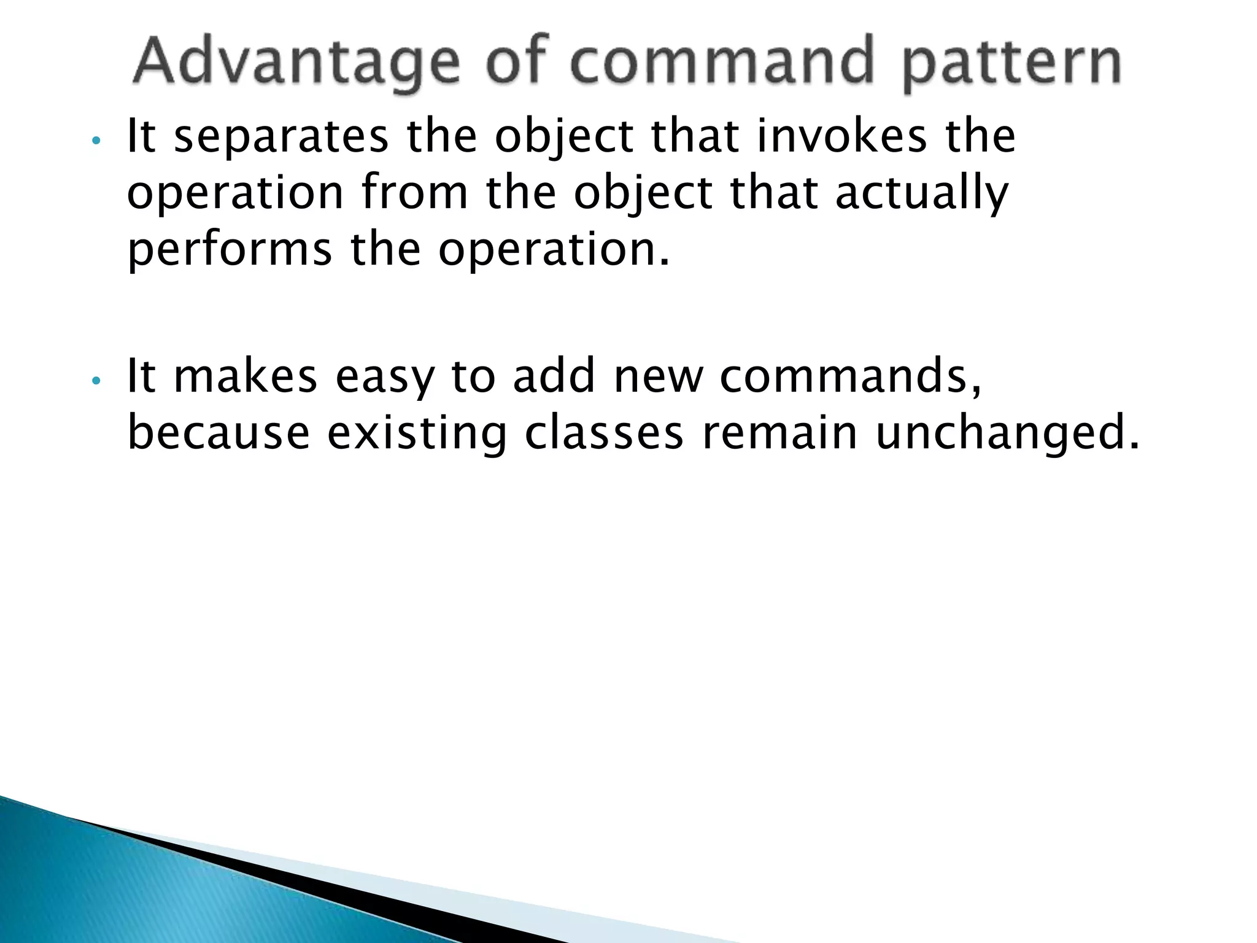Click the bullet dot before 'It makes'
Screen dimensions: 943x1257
click(95, 381)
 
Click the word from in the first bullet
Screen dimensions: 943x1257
click(415, 193)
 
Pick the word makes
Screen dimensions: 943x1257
click(246, 376)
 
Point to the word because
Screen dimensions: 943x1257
click(219, 433)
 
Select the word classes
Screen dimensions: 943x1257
click(604, 433)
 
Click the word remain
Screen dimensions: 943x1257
click(779, 433)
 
